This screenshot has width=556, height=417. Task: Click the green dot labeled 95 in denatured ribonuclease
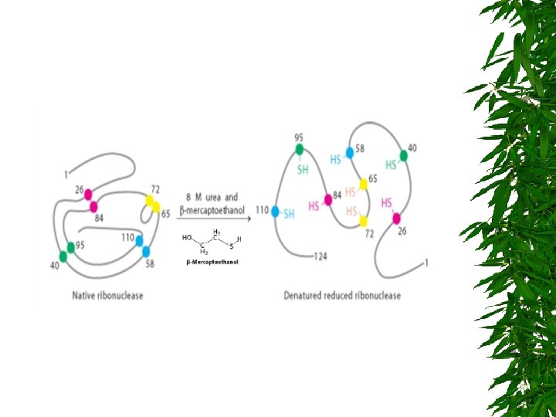pyautogui.click(x=300, y=149)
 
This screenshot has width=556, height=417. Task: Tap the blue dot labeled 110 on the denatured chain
pyautogui.click(x=275, y=210)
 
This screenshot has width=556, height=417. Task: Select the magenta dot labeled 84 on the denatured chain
pyautogui.click(x=328, y=199)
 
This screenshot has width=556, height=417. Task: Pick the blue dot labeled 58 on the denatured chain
pyautogui.click(x=350, y=152)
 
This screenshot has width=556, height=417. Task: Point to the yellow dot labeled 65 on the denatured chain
pyautogui.click(x=364, y=184)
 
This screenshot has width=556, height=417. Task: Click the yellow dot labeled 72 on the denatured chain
pyautogui.click(x=364, y=222)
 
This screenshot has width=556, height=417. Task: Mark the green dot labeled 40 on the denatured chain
pyautogui.click(x=404, y=155)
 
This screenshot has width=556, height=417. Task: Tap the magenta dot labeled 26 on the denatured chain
pyautogui.click(x=397, y=219)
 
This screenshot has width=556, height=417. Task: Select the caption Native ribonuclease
pyautogui.click(x=107, y=295)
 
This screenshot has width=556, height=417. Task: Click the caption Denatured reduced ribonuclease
pyautogui.click(x=342, y=295)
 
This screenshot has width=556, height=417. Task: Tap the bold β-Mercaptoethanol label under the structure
pyautogui.click(x=212, y=263)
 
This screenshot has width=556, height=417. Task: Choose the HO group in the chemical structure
pyautogui.click(x=187, y=238)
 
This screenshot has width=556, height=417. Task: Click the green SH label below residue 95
pyautogui.click(x=303, y=169)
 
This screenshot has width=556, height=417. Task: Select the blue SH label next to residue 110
pyautogui.click(x=289, y=214)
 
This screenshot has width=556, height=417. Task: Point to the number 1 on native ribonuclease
pyautogui.click(x=66, y=171)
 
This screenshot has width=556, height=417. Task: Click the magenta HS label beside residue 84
pyautogui.click(x=314, y=206)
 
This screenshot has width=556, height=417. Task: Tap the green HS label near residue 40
pyautogui.click(x=391, y=164)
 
